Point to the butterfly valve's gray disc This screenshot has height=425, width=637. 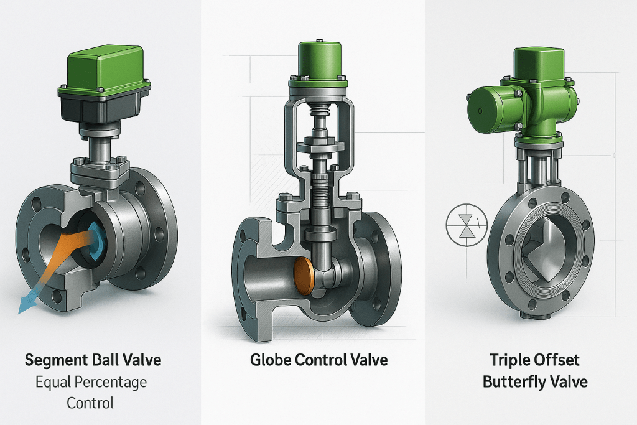tap(543, 249)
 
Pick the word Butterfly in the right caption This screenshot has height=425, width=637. tap(517, 381)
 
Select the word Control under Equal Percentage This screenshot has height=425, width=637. tap(91, 403)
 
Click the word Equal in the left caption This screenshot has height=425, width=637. tap(53, 381)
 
